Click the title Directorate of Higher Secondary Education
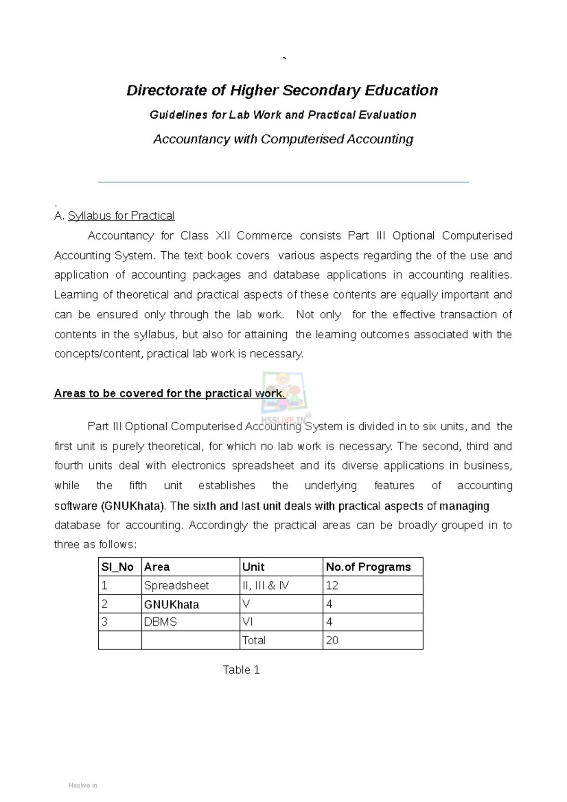282,90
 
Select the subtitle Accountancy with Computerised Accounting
283,139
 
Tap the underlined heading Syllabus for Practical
121,216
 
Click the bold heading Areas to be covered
169,393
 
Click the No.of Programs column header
368,567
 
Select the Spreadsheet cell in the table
176,585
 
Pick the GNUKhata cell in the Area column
172,604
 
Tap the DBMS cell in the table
160,622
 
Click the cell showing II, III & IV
265,585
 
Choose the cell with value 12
332,585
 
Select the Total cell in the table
254,640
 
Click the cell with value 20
332,640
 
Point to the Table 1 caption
241,670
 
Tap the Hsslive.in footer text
83,785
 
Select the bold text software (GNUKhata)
110,506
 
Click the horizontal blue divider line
283,182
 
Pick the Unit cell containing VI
248,622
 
